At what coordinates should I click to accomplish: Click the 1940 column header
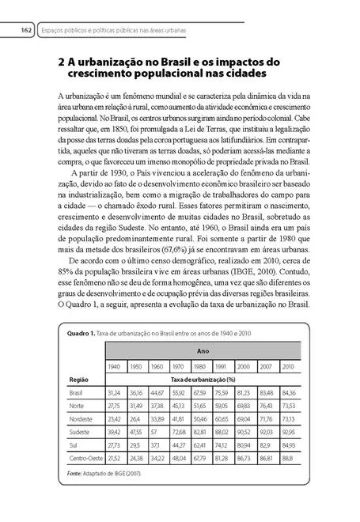coord(114,366)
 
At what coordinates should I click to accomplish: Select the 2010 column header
coord(288,366)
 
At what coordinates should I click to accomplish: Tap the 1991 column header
coord(222,366)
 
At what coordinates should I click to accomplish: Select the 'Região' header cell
coord(78,380)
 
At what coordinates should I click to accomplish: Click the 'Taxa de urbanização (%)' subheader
coord(201,380)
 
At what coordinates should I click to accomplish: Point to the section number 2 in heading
coord(63,60)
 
